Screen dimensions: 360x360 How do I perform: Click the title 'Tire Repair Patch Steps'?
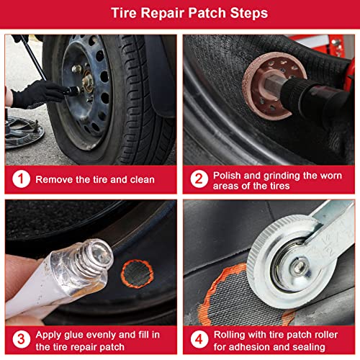coord(180,14)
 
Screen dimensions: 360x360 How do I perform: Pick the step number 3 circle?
coord(21,336)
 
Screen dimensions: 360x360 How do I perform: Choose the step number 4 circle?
coord(198,336)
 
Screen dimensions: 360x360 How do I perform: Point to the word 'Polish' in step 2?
coord(229,174)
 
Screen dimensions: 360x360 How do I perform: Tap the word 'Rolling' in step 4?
coord(232,330)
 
